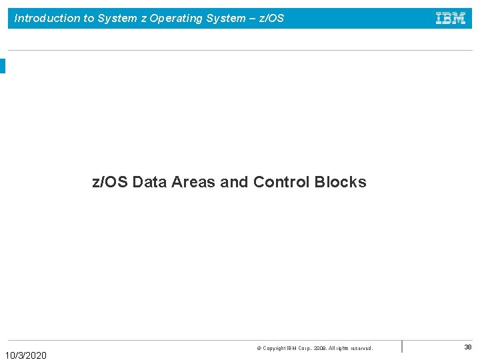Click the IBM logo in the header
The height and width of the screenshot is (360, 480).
pos(451,19)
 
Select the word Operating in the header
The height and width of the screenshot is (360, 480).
pos(175,19)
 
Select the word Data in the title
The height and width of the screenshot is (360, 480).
pos(150,182)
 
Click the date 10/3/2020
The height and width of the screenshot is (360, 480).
pos(26,355)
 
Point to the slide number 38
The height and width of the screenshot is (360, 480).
pos(468,347)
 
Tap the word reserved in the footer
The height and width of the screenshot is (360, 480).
pos(360,349)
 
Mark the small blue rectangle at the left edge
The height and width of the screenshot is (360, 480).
pos(3,66)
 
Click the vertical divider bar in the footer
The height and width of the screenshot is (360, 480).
pos(402,347)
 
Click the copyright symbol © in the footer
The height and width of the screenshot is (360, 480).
pos(259,349)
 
